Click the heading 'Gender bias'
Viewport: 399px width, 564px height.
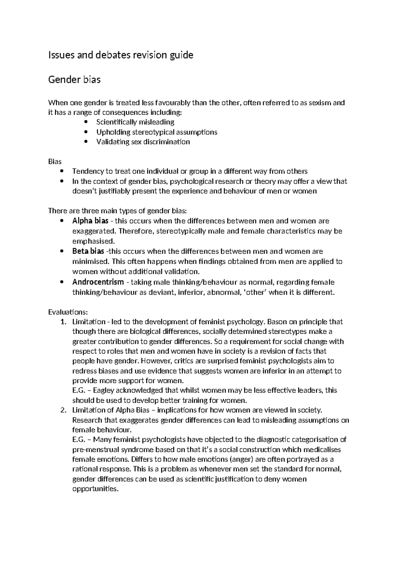74,80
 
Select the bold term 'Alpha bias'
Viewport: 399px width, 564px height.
88,221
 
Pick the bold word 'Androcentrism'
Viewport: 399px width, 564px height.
98,282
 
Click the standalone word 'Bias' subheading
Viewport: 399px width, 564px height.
55,162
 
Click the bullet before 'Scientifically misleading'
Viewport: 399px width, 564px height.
86,122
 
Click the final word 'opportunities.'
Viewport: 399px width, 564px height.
95,489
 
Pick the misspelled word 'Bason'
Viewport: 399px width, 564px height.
277,322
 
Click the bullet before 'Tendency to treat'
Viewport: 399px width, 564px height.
62,171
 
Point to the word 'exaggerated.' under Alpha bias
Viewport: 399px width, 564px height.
94,231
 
